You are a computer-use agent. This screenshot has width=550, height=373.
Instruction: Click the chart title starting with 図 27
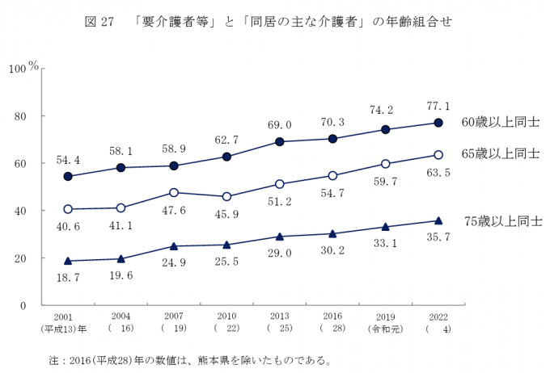[x=267, y=23]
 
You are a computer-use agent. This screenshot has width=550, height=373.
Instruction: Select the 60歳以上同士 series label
[x=500, y=123]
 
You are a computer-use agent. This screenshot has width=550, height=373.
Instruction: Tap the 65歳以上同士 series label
[x=500, y=153]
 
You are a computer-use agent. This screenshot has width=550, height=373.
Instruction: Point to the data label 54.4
[x=68, y=160]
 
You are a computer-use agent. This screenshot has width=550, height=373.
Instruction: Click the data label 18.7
[x=68, y=276]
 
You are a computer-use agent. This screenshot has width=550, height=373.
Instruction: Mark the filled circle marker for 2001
[x=68, y=176]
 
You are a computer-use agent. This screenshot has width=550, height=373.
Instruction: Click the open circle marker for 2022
[x=438, y=154]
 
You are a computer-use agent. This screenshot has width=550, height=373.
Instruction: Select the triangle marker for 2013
[x=279, y=237]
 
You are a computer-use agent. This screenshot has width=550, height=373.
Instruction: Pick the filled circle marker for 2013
[x=279, y=141]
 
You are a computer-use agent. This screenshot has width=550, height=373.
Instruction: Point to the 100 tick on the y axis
[x=18, y=69]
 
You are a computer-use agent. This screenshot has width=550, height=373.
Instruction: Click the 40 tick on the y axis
[x=21, y=211]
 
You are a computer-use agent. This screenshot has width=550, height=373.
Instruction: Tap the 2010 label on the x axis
[x=226, y=317]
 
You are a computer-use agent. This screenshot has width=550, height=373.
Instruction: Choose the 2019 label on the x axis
[x=385, y=317]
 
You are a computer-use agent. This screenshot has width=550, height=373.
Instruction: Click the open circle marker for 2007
[x=174, y=192]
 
